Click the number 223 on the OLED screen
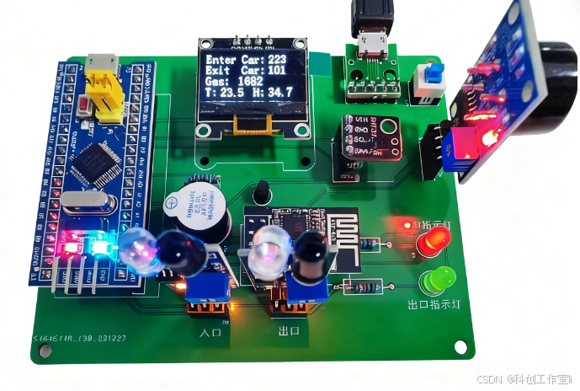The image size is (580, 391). pyautogui.click(x=277, y=60)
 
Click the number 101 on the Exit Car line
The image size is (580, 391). pyautogui.click(x=277, y=71)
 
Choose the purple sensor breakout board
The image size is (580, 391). pyautogui.click(x=369, y=137)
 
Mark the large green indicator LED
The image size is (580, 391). pyautogui.click(x=438, y=279)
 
